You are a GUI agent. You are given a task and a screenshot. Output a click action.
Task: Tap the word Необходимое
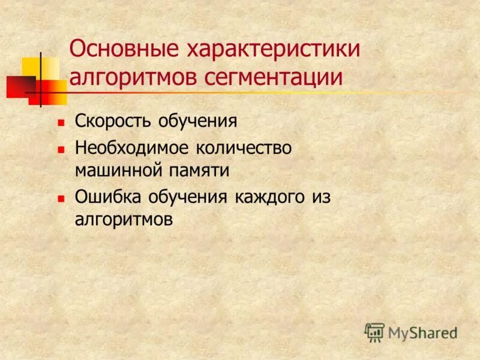[132, 147]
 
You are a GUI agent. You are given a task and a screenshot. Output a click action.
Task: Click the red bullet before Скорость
[61, 122]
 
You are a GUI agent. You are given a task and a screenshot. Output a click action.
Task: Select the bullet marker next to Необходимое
[61, 148]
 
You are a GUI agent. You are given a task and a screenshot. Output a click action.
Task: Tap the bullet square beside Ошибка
[61, 197]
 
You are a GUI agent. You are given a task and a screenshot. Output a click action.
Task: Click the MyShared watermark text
[422, 332]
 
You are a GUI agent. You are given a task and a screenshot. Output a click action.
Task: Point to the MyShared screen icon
[374, 332]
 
